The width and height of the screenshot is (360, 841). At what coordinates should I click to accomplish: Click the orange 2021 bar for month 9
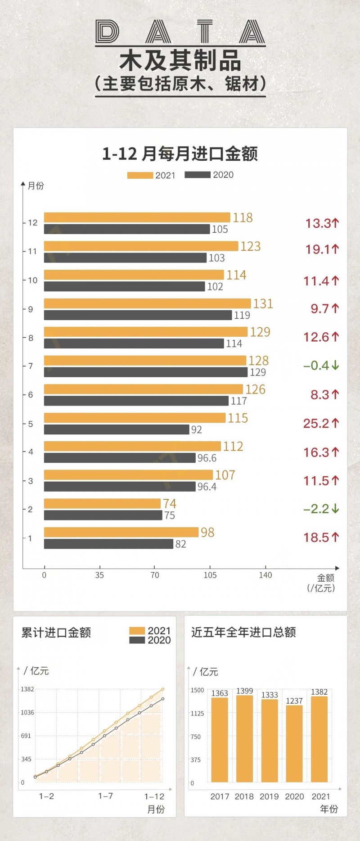point(147,303)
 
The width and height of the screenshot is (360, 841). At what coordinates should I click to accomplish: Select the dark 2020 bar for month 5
point(117,430)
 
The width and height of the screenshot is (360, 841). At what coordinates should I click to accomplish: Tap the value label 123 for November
point(250,246)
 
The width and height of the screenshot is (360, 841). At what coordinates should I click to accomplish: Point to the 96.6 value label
point(207,458)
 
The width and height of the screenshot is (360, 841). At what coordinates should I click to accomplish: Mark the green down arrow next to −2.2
point(335,509)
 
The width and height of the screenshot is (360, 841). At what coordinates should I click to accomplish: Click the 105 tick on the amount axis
point(210,575)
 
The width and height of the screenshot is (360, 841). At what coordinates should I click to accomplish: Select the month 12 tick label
point(33,222)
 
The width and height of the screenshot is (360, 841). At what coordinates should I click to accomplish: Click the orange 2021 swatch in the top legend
point(140,175)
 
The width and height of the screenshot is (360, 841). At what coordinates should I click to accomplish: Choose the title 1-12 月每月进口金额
point(180,154)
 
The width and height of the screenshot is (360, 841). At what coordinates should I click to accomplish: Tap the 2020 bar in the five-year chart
point(294,743)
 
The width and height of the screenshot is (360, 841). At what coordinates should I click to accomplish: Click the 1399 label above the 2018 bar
point(245,691)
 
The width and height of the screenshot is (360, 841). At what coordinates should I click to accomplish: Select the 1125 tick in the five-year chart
point(197,713)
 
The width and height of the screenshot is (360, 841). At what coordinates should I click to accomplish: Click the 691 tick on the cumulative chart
point(26,736)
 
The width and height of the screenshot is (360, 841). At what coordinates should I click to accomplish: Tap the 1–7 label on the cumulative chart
point(106,796)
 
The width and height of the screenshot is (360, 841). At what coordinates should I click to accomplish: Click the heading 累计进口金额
point(56,633)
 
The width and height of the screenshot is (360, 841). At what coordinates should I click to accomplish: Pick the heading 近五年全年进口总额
point(243,632)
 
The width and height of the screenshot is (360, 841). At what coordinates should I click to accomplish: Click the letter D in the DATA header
point(108,32)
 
